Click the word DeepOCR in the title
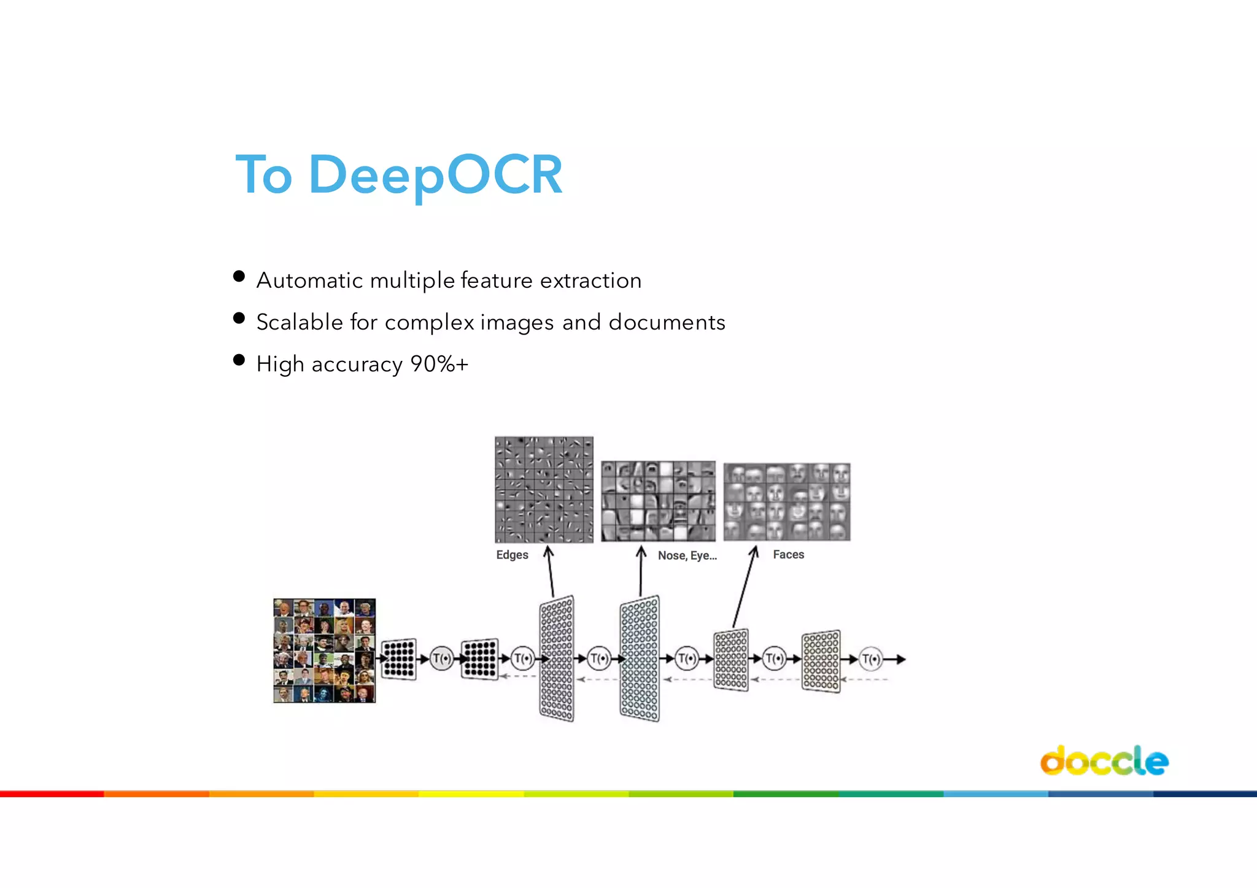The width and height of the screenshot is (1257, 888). tap(436, 175)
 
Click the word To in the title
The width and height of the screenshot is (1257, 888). tap(264, 175)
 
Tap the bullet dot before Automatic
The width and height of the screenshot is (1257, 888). tap(239, 277)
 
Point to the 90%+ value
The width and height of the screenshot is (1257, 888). tap(439, 364)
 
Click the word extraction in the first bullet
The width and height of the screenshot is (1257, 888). tap(590, 280)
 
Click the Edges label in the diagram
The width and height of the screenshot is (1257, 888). tap(512, 555)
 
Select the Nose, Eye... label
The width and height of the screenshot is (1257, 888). tap(687, 555)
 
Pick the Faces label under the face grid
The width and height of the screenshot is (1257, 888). tap(788, 555)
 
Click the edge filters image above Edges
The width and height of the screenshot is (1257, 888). tap(544, 489)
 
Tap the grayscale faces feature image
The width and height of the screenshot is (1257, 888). tap(787, 502)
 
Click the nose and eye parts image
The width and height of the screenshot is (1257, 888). tap(658, 501)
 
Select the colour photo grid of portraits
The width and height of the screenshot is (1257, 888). tap(324, 651)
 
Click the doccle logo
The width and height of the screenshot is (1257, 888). tap(1104, 761)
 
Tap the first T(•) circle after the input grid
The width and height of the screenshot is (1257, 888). tap(441, 659)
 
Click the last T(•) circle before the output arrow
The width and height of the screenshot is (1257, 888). tap(870, 660)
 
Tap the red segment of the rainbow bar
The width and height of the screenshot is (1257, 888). tap(52, 794)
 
